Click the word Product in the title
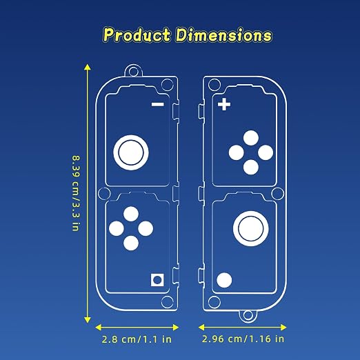(137, 35)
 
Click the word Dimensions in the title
(224, 35)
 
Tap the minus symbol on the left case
(158, 105)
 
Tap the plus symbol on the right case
(224, 104)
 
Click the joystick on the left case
(131, 152)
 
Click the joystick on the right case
(251, 228)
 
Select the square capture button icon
(157, 280)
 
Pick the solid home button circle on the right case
(224, 280)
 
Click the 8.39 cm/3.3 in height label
(76, 193)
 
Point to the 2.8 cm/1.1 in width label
(137, 339)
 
